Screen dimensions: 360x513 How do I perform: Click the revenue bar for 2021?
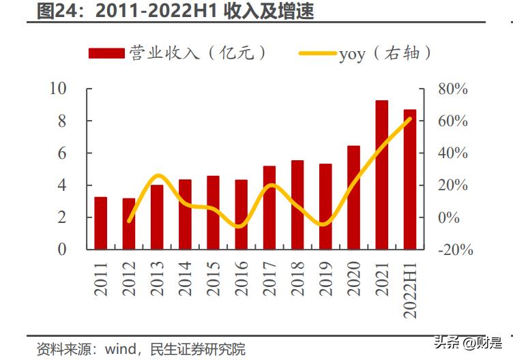(381, 175)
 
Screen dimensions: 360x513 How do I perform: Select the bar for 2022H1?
(409, 180)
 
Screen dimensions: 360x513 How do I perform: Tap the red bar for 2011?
(100, 223)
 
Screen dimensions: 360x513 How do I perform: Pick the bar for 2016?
(241, 214)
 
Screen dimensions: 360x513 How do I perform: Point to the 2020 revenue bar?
(353, 198)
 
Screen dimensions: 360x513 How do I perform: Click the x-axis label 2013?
(156, 277)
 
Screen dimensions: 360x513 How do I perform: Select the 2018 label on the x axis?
(297, 277)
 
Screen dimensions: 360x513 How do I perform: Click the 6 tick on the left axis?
(62, 153)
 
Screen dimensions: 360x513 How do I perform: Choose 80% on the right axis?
(452, 89)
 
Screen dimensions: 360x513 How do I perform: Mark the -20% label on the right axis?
(454, 250)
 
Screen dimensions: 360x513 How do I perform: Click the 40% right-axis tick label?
(452, 153)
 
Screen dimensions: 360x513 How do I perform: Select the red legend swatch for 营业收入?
(107, 52)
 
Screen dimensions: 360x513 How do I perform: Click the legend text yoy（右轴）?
(385, 53)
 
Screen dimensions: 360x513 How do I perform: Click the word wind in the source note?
(119, 349)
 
